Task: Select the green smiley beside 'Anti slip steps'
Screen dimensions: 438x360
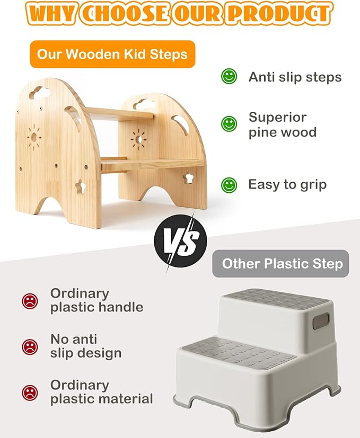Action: click(229, 77)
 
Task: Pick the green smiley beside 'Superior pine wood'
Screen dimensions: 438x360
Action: click(229, 124)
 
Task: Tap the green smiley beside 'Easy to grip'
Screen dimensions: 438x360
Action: click(229, 185)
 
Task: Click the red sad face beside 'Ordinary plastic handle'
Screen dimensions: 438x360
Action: click(30, 301)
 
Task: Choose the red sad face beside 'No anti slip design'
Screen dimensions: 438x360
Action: click(30, 346)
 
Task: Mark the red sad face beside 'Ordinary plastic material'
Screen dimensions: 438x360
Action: click(30, 392)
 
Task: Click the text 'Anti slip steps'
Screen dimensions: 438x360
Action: click(295, 77)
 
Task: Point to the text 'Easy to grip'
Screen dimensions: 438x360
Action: click(287, 185)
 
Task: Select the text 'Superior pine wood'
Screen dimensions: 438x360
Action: click(282, 124)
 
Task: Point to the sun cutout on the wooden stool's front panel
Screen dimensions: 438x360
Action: click(34, 137)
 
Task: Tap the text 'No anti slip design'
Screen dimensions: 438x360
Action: click(86, 346)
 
